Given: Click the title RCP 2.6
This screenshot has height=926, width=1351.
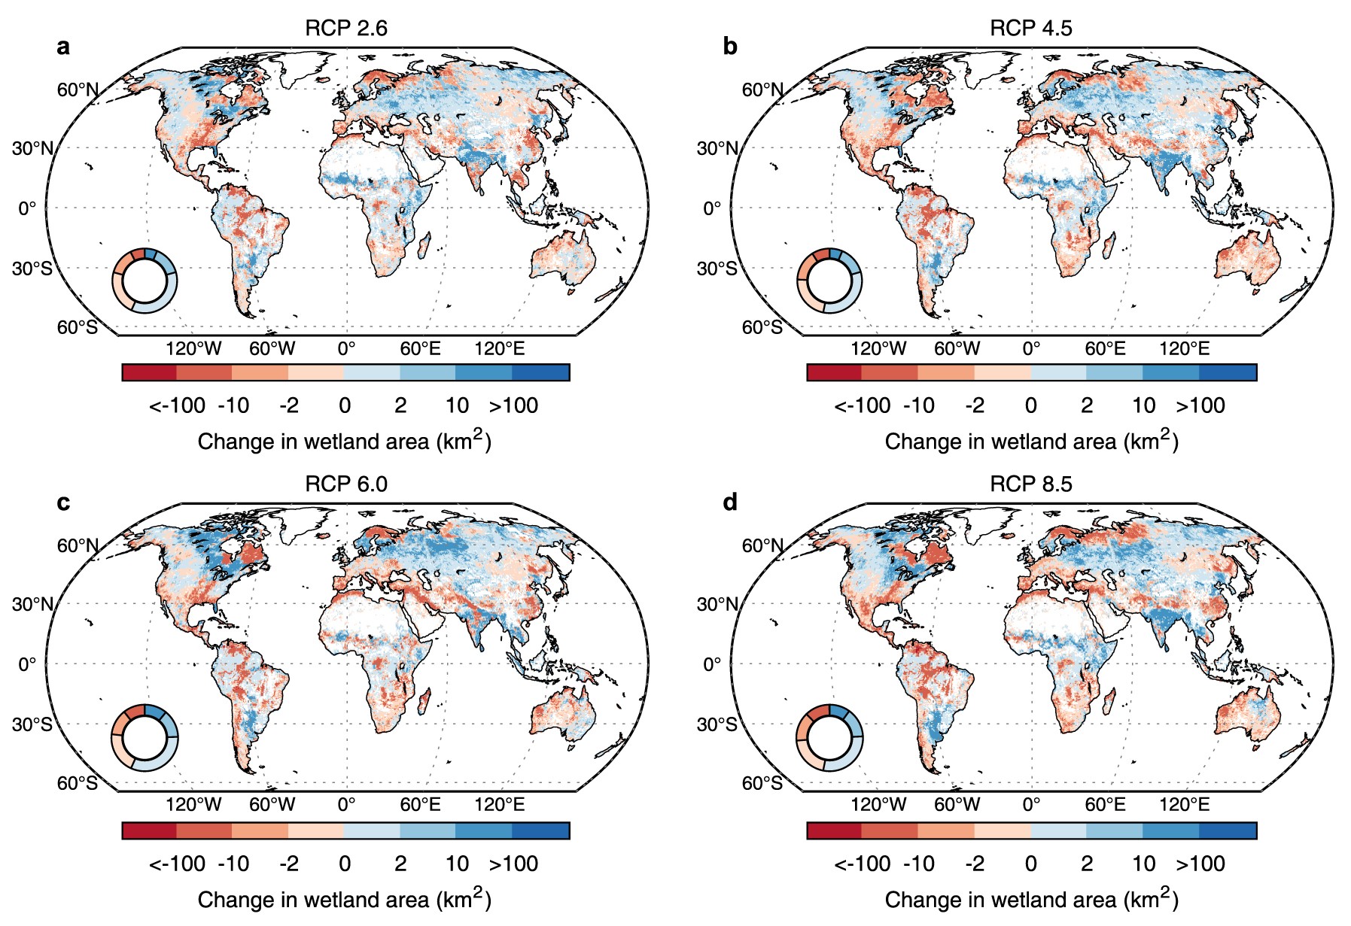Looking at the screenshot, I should [345, 29].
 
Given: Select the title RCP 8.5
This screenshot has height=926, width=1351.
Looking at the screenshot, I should [1030, 484].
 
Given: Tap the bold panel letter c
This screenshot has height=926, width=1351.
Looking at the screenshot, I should [63, 502].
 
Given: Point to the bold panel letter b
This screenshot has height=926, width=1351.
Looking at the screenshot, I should [729, 47].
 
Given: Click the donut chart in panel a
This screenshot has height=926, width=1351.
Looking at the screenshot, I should [145, 280].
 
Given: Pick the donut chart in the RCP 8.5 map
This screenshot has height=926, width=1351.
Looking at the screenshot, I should [829, 738].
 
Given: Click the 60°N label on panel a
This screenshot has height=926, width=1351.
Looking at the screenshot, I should [78, 90].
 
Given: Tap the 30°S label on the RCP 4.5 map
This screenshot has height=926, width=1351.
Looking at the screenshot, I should [717, 269].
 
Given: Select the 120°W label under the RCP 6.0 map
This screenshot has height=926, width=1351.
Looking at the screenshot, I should [193, 805].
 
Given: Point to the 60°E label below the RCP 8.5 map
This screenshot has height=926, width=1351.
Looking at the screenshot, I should [1105, 805].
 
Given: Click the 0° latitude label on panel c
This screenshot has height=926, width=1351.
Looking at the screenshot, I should [27, 664].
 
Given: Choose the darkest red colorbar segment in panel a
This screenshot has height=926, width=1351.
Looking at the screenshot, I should [149, 372].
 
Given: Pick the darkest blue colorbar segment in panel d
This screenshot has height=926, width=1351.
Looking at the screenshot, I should [1228, 830].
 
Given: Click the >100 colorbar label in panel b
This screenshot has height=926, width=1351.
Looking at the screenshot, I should [1200, 406].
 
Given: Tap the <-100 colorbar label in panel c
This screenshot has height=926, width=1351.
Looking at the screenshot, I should [177, 864].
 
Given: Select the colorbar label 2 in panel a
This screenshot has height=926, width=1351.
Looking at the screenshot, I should [400, 406].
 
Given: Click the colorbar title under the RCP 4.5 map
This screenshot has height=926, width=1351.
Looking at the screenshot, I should [1031, 442].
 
